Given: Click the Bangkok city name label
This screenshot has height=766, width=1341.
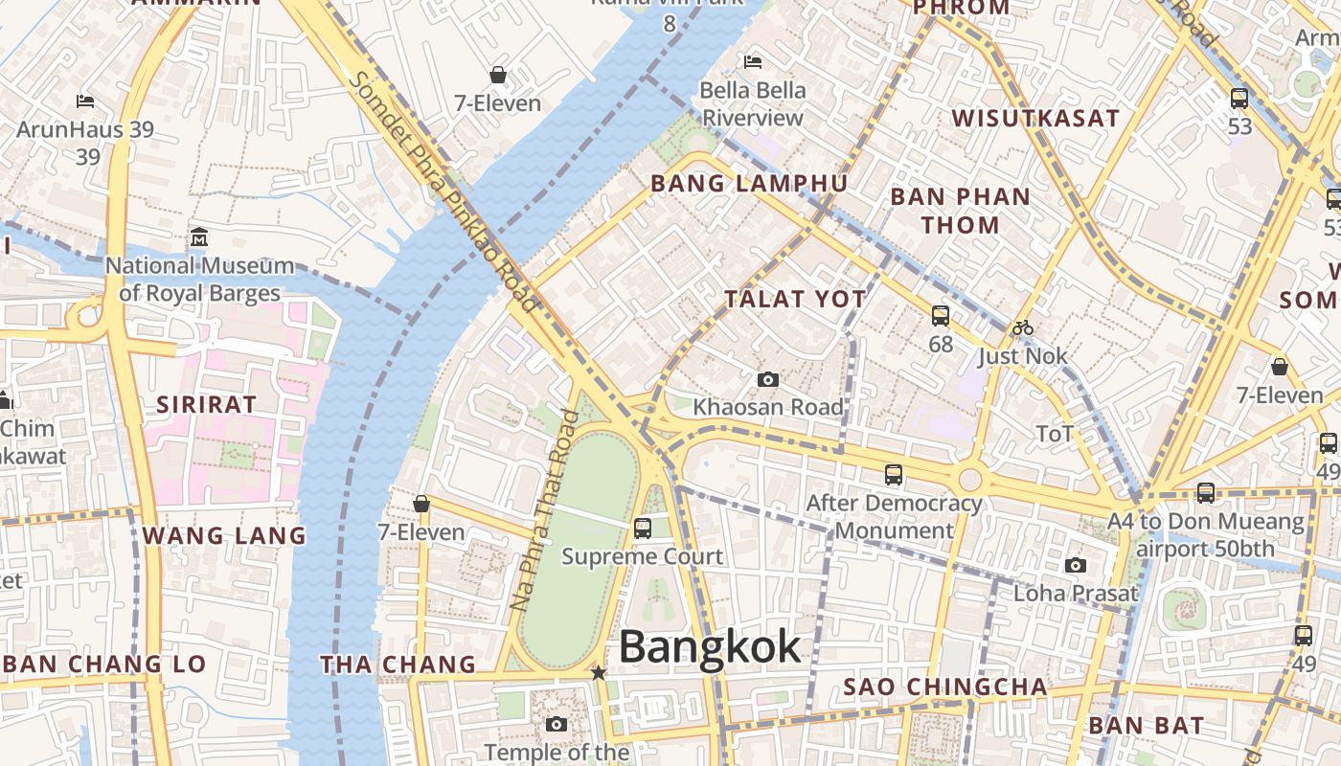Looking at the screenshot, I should point(710,647).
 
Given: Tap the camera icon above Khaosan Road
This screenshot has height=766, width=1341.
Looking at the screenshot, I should point(767,380).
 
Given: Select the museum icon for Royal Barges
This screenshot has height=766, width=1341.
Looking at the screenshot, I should point(199,237).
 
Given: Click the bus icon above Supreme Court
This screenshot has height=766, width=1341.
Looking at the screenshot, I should point(643,528).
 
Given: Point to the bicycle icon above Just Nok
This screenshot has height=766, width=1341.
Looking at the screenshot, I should point(1023,328).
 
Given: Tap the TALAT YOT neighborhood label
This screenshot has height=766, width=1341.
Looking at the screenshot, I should point(795,300).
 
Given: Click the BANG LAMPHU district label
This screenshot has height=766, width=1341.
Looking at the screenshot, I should point(748,184).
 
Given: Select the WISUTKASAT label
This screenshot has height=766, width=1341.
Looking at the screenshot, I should point(1035,119).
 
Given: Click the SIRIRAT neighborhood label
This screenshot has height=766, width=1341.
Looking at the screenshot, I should point(207,404).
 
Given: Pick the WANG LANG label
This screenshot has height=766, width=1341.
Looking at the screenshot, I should point(224,535).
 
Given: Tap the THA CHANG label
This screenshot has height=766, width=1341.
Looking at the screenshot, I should point(398,665).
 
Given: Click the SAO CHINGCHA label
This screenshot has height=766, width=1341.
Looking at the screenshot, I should point(944,687).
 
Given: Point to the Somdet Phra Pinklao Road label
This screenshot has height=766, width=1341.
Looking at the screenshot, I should point(443,191).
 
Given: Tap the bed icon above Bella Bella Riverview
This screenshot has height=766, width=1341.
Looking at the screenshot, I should point(753,62).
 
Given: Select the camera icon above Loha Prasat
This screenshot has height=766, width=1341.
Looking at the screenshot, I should point(1076,565).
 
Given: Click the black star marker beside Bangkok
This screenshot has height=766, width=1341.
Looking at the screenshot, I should point(599,673).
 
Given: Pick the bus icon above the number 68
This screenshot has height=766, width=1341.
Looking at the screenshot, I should point(941,315).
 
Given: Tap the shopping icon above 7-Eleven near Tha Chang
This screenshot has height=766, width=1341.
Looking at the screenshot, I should point(421,504).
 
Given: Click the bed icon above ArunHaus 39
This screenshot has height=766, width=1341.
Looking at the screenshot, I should point(85,101).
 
